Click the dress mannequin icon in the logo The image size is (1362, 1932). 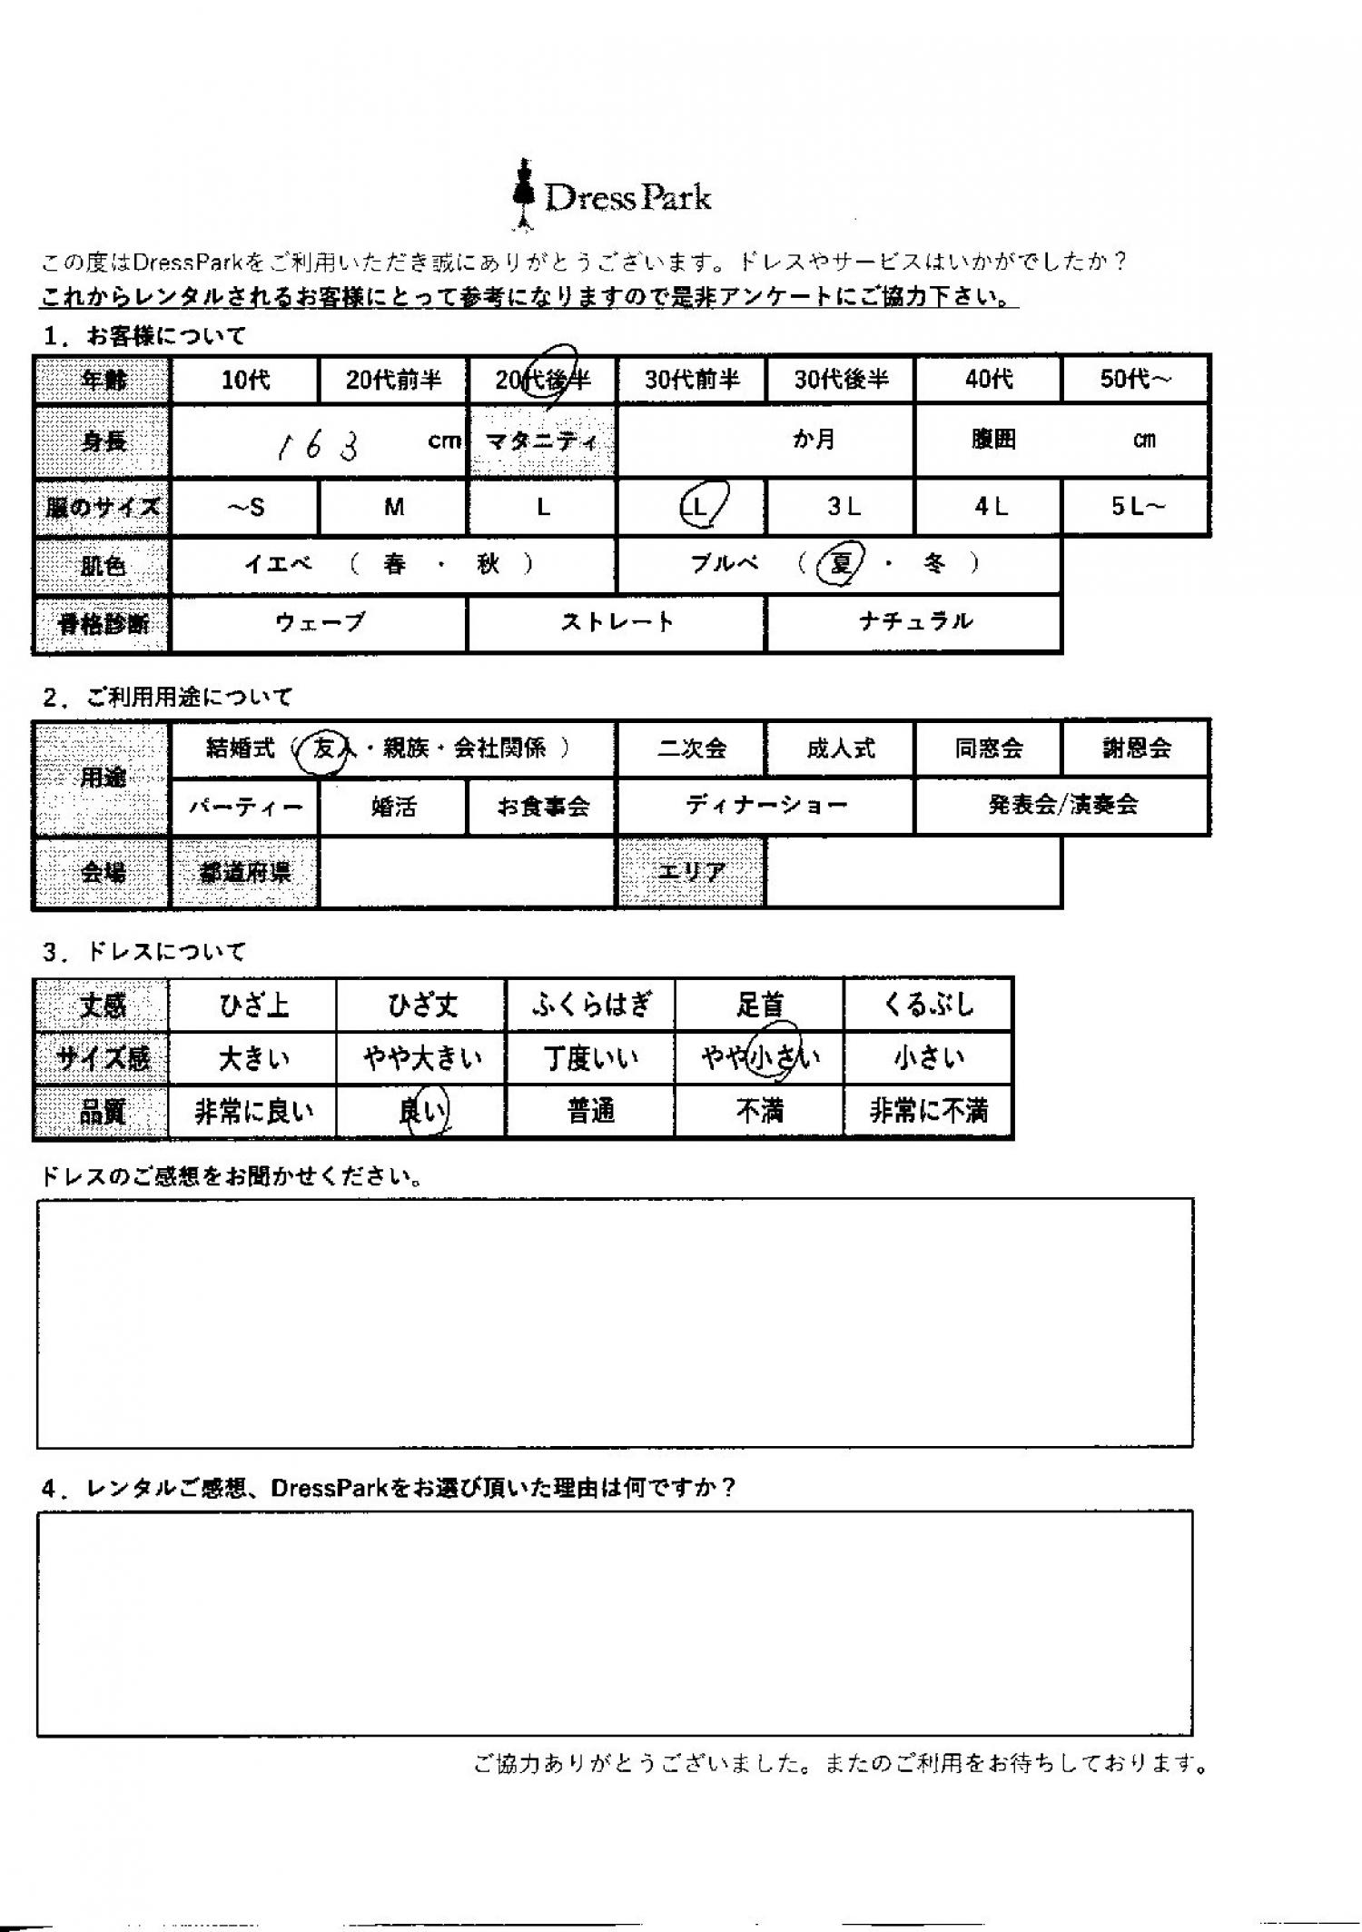click(523, 193)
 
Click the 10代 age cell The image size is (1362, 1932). click(245, 380)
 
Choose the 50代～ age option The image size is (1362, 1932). click(1135, 380)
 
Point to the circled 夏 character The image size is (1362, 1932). click(839, 565)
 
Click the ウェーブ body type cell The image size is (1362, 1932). click(319, 623)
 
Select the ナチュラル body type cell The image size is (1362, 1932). click(914, 623)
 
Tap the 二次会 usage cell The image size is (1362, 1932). click(692, 749)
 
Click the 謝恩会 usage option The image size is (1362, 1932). click(1136, 749)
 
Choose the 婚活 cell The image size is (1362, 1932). click(393, 807)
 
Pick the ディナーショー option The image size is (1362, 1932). click(766, 806)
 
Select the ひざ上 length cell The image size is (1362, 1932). click(253, 1006)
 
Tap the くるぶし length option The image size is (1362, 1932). click(928, 1006)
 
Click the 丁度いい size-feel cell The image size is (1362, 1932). click(591, 1058)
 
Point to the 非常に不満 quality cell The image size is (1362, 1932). click(928, 1111)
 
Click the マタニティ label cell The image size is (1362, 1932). click(542, 442)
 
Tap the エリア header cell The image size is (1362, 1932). click(691, 873)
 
